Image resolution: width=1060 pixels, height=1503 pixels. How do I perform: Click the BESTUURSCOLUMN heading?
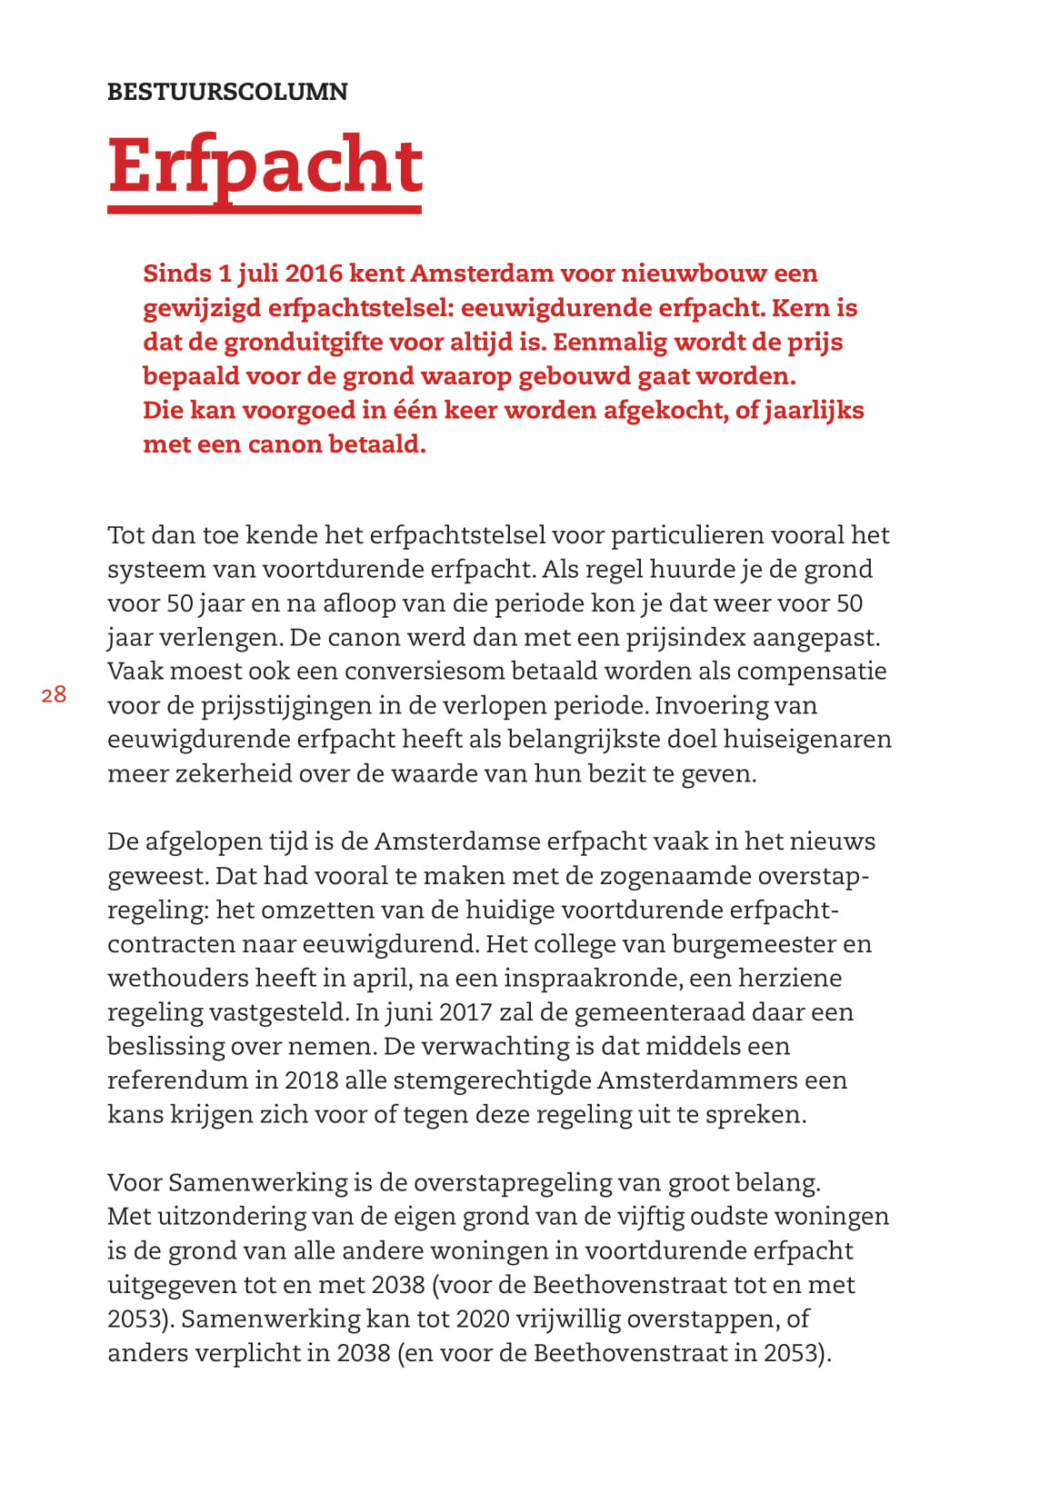(x=227, y=92)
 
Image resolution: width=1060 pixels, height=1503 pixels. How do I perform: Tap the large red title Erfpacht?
(x=265, y=165)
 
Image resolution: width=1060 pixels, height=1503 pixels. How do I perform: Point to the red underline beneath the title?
(x=265, y=209)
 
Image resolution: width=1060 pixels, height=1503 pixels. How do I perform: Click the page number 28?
(x=54, y=695)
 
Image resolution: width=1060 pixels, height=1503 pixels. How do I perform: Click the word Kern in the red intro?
(x=800, y=308)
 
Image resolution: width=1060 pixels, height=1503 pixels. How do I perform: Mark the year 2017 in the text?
(x=465, y=1012)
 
